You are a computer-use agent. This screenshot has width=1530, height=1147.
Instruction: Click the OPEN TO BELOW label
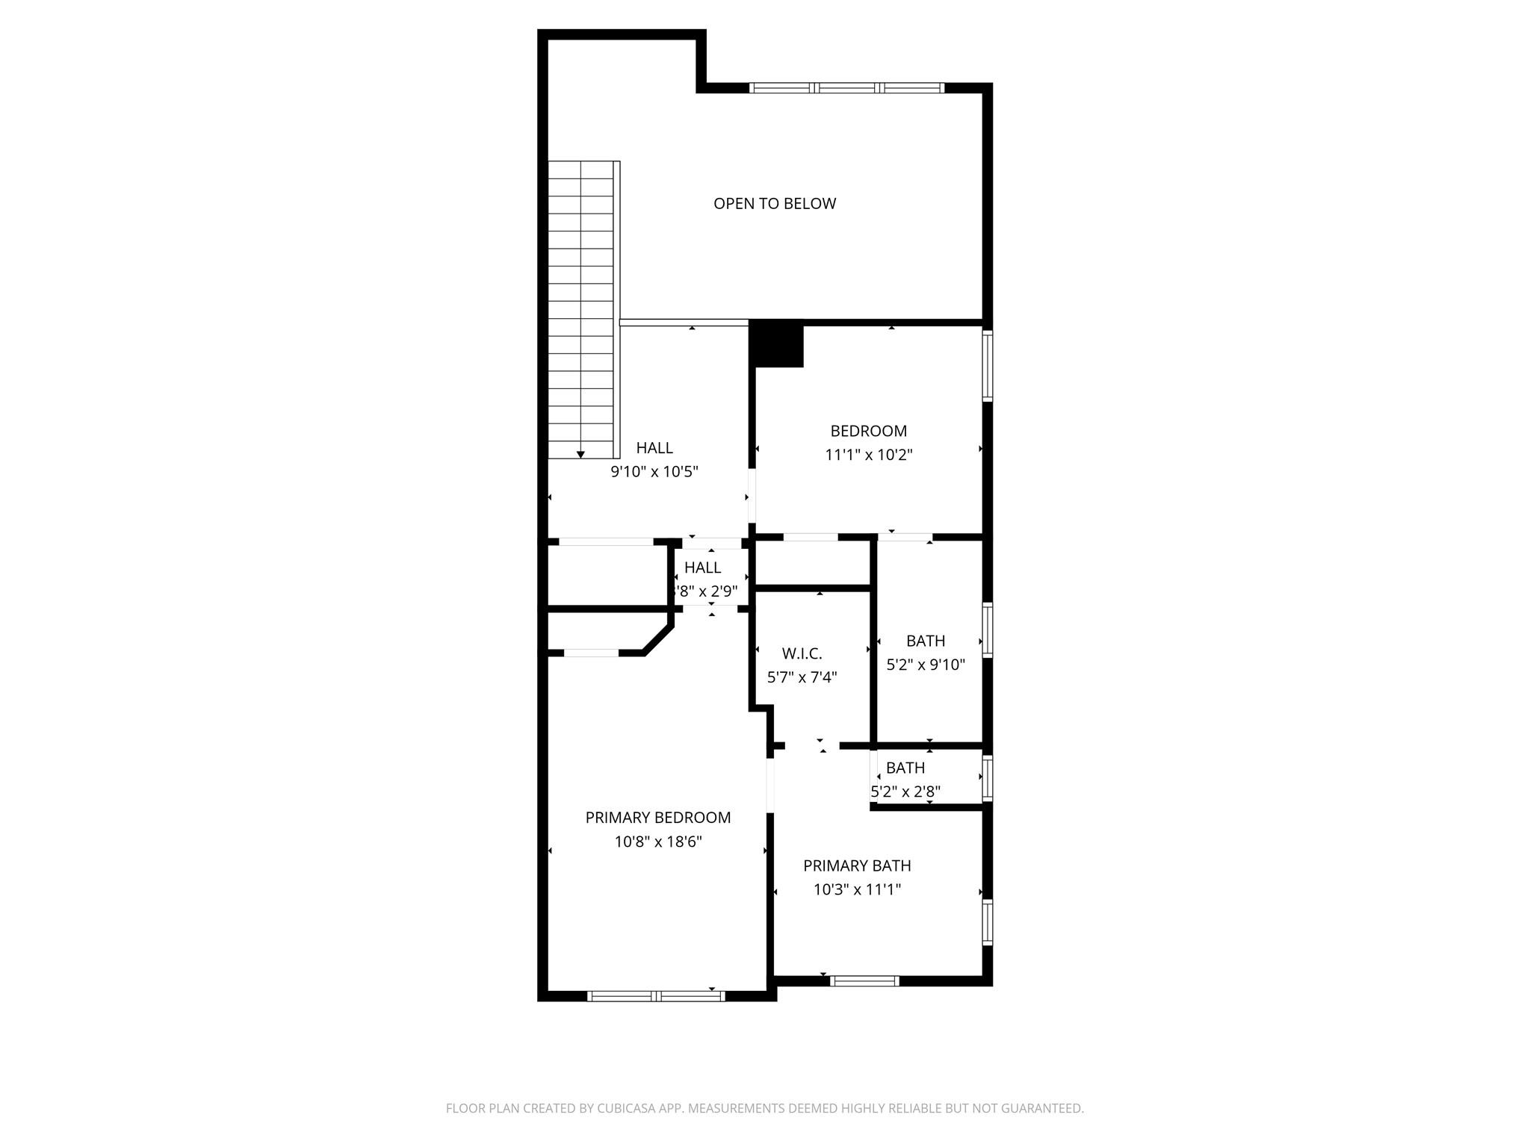(774, 203)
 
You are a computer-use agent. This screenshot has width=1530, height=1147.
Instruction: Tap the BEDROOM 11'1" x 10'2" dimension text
(868, 455)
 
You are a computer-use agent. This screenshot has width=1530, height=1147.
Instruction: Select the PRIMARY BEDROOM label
(657, 818)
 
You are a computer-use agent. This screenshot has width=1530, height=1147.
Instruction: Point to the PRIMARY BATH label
(857, 865)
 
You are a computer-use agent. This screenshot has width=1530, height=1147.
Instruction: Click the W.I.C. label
(802, 653)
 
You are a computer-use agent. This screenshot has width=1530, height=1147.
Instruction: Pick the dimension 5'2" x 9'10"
(926, 665)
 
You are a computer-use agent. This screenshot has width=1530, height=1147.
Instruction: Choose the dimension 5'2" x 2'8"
(905, 792)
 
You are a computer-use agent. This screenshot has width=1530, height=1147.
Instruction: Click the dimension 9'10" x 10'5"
(654, 471)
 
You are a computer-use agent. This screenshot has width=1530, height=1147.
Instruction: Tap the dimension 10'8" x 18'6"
(657, 842)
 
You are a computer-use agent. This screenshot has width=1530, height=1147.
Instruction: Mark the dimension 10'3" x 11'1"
(857, 889)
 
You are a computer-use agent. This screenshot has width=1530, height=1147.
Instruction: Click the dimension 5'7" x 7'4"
(802, 677)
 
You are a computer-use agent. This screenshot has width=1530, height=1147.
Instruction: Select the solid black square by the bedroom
(777, 344)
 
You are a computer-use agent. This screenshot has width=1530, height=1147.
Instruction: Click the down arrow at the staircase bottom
(580, 454)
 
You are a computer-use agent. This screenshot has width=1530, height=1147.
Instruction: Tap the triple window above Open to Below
(846, 88)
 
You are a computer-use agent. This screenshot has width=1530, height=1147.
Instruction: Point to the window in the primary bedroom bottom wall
(656, 995)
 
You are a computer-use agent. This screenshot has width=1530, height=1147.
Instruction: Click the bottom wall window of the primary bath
(864, 980)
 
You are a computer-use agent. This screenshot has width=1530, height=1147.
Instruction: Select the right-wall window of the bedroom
(987, 366)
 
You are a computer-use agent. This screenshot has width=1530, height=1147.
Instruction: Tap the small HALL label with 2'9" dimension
(702, 568)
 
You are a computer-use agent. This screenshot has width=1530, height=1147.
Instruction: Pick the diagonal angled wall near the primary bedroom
(657, 641)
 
